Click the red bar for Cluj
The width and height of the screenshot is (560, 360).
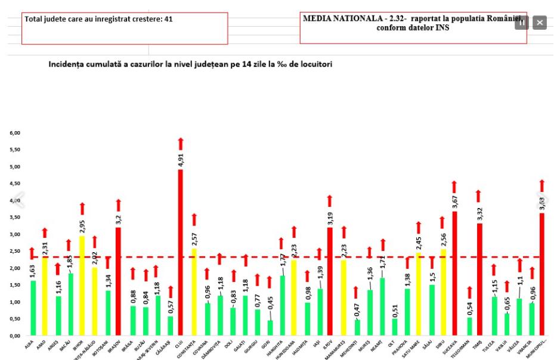coord(180,253)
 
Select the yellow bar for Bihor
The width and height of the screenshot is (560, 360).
coord(82,286)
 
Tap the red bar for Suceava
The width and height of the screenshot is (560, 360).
coord(454,274)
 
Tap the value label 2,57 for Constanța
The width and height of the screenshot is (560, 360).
coord(193,238)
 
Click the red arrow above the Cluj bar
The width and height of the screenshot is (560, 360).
coord(180,144)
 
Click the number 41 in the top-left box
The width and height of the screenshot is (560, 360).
coord(169,19)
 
